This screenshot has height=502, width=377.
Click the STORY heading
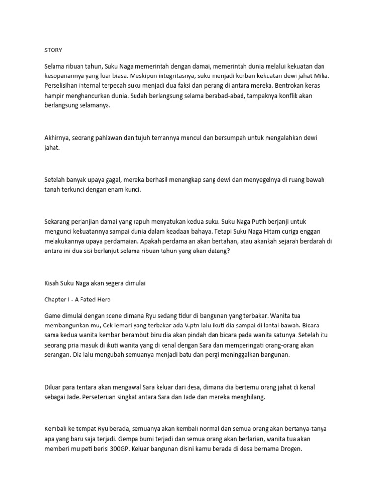[54, 50]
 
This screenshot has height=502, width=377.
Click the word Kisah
[53, 283]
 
